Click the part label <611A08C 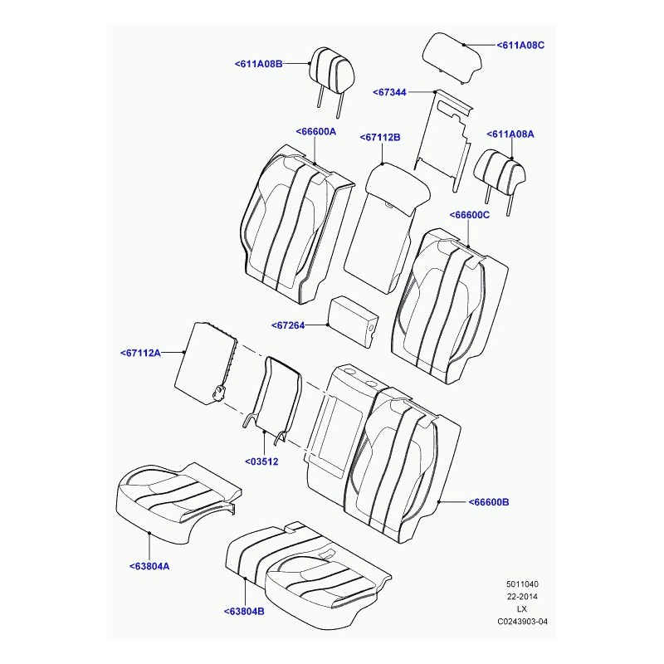520,45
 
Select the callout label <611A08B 258,64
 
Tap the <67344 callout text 389,92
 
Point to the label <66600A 316,132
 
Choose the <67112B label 380,138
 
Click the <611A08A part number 510,134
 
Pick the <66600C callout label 469,215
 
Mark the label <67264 288,325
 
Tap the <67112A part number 140,353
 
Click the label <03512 261,461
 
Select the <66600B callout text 489,502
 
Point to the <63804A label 149,566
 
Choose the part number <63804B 244,612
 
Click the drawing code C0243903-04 522,622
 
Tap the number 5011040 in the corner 522,584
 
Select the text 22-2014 522,597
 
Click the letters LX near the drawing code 522,609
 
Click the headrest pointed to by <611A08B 333,72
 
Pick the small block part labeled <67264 354,321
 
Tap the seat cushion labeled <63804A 178,503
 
